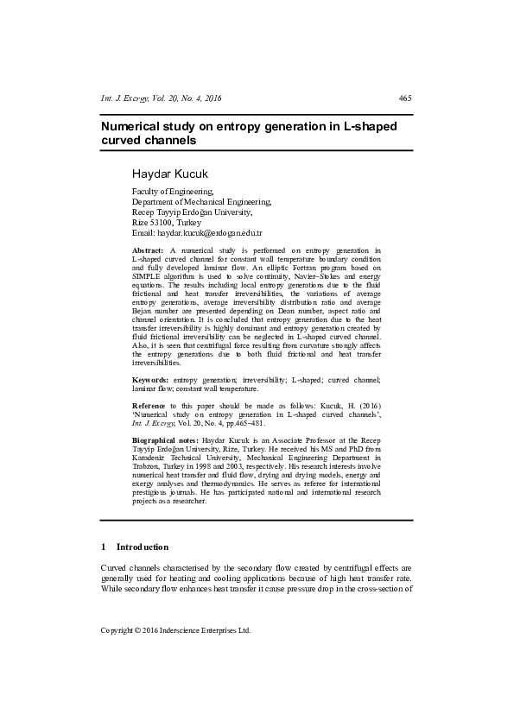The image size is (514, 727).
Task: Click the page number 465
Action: (x=405, y=98)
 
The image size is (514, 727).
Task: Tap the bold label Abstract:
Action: (x=149, y=250)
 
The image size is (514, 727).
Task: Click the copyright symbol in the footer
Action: (x=140, y=631)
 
